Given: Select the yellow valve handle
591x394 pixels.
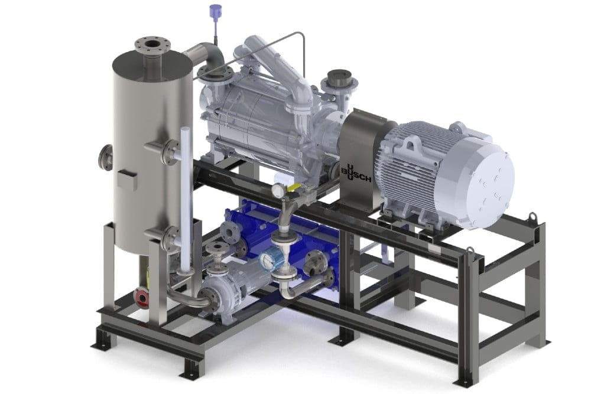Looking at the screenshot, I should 294,188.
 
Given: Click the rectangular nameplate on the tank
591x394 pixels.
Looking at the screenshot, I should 126,180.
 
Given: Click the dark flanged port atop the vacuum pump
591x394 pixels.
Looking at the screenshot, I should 339,77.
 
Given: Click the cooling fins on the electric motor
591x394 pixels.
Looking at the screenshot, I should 408,165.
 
